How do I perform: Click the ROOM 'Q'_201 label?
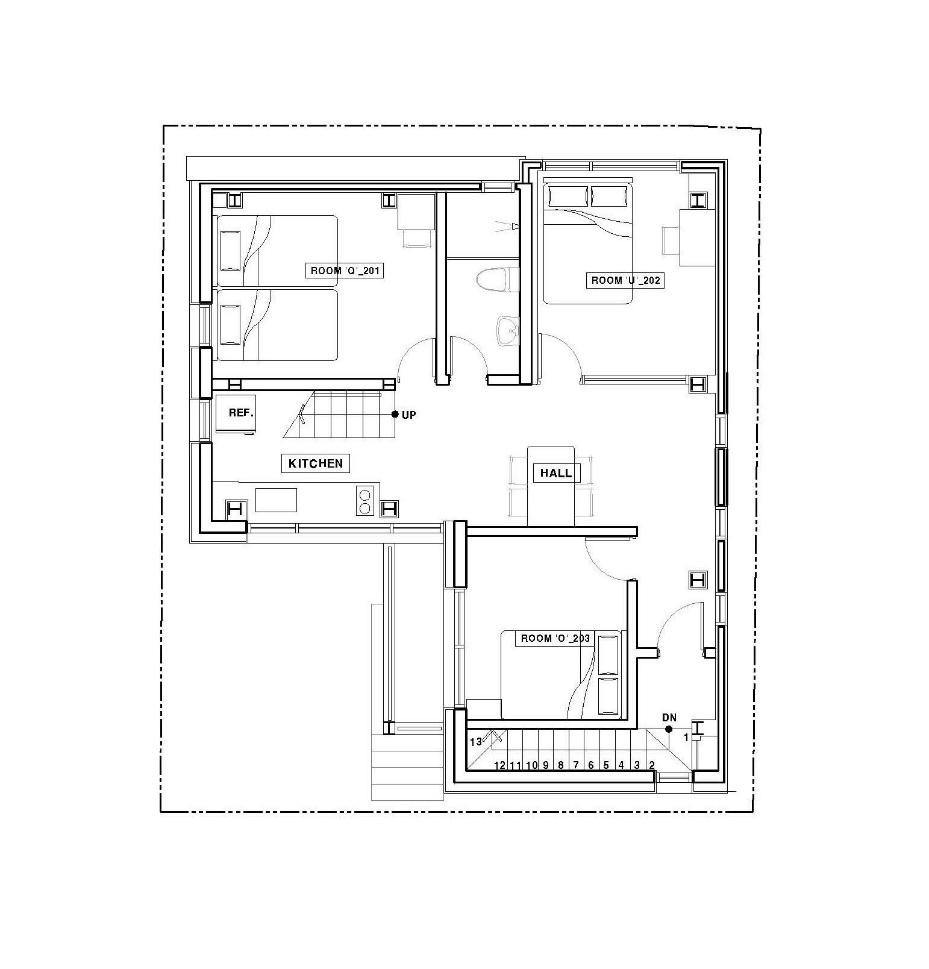pyautogui.click(x=345, y=271)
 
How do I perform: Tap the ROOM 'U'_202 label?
pyautogui.click(x=625, y=280)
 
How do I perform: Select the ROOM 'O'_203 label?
pyautogui.click(x=555, y=638)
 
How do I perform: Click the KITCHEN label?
pyautogui.click(x=316, y=463)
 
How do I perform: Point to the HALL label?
pyautogui.click(x=556, y=473)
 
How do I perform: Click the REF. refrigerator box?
pyautogui.click(x=236, y=413)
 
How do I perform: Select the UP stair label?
pyautogui.click(x=408, y=415)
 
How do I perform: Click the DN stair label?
pyautogui.click(x=669, y=718)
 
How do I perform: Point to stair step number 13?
pyautogui.click(x=476, y=742)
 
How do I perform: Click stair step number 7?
pyautogui.click(x=575, y=765)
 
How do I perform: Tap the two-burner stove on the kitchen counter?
pyautogui.click(x=364, y=500)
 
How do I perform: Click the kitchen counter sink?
pyautogui.click(x=276, y=500)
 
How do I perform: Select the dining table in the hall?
pyautogui.click(x=551, y=486)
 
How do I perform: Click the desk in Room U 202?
pyautogui.click(x=698, y=237)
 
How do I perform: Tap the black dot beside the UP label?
pyautogui.click(x=395, y=414)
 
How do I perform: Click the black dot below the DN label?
pyautogui.click(x=669, y=729)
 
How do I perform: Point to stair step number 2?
pyautogui.click(x=651, y=765)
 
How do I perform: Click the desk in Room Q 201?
pyautogui.click(x=416, y=212)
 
